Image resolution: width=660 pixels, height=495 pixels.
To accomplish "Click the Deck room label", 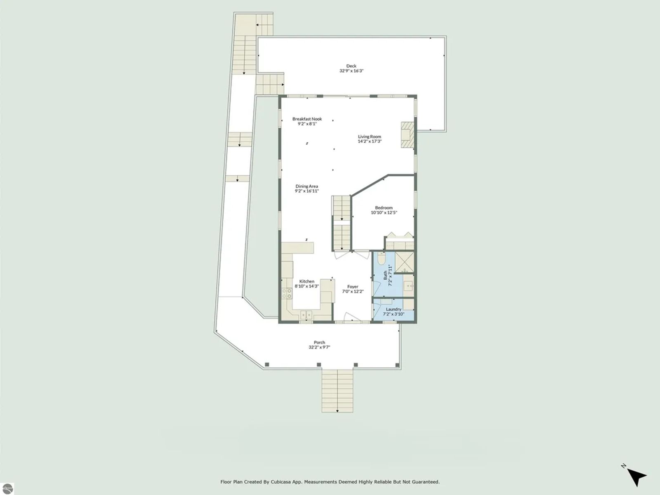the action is point(351,66).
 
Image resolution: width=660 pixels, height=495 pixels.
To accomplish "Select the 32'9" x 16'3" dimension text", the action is point(351,71).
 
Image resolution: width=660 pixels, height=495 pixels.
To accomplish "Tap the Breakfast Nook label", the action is point(307,119).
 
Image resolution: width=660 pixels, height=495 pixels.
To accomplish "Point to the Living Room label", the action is point(370,136).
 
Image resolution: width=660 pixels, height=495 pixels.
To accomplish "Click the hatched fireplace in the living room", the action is point(408,134).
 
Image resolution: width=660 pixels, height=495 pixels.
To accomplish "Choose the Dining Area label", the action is point(307,186).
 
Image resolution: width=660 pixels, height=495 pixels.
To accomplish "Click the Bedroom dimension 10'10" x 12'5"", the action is point(384,212).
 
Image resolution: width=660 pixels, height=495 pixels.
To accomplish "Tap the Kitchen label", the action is point(307,281).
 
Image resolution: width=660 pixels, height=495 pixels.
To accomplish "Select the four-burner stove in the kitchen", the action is point(287,293).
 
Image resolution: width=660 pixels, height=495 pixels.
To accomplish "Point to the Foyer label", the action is point(353,286).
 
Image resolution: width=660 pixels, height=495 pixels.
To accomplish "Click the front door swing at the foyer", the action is point(352,317).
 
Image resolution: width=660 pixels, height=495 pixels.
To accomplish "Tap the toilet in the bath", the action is point(381,258).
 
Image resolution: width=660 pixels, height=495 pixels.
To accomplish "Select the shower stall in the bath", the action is point(404,263).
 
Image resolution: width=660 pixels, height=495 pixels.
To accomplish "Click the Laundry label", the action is point(394,309).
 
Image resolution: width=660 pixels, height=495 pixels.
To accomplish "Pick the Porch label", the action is point(319,342).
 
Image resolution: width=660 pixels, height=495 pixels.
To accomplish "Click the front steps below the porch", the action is point(337,391).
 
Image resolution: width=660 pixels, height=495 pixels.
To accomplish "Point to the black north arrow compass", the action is point(636,478).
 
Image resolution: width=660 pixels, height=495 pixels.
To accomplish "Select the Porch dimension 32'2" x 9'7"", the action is point(319,347).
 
